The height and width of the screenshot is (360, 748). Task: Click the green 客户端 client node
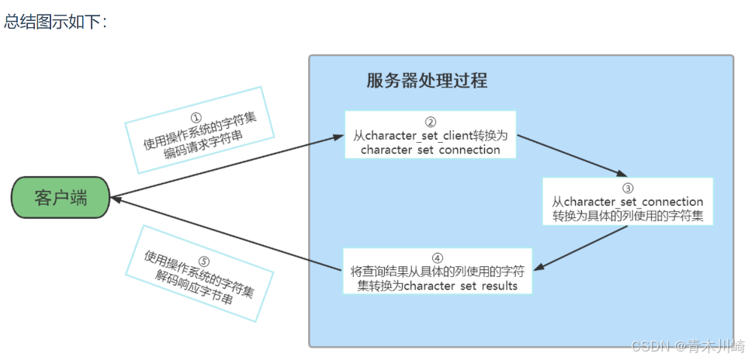tap(61, 197)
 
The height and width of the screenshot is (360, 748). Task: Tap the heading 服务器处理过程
tap(427, 81)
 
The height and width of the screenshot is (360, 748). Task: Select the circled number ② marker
tap(431, 123)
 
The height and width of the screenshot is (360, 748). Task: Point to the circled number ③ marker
tap(628, 189)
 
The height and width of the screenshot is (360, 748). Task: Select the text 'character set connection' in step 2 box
tap(431, 150)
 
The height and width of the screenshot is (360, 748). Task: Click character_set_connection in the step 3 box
tap(633, 202)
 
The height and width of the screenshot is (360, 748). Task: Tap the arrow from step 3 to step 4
tap(582, 248)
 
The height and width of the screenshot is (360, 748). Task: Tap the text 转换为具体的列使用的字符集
tap(628, 216)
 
